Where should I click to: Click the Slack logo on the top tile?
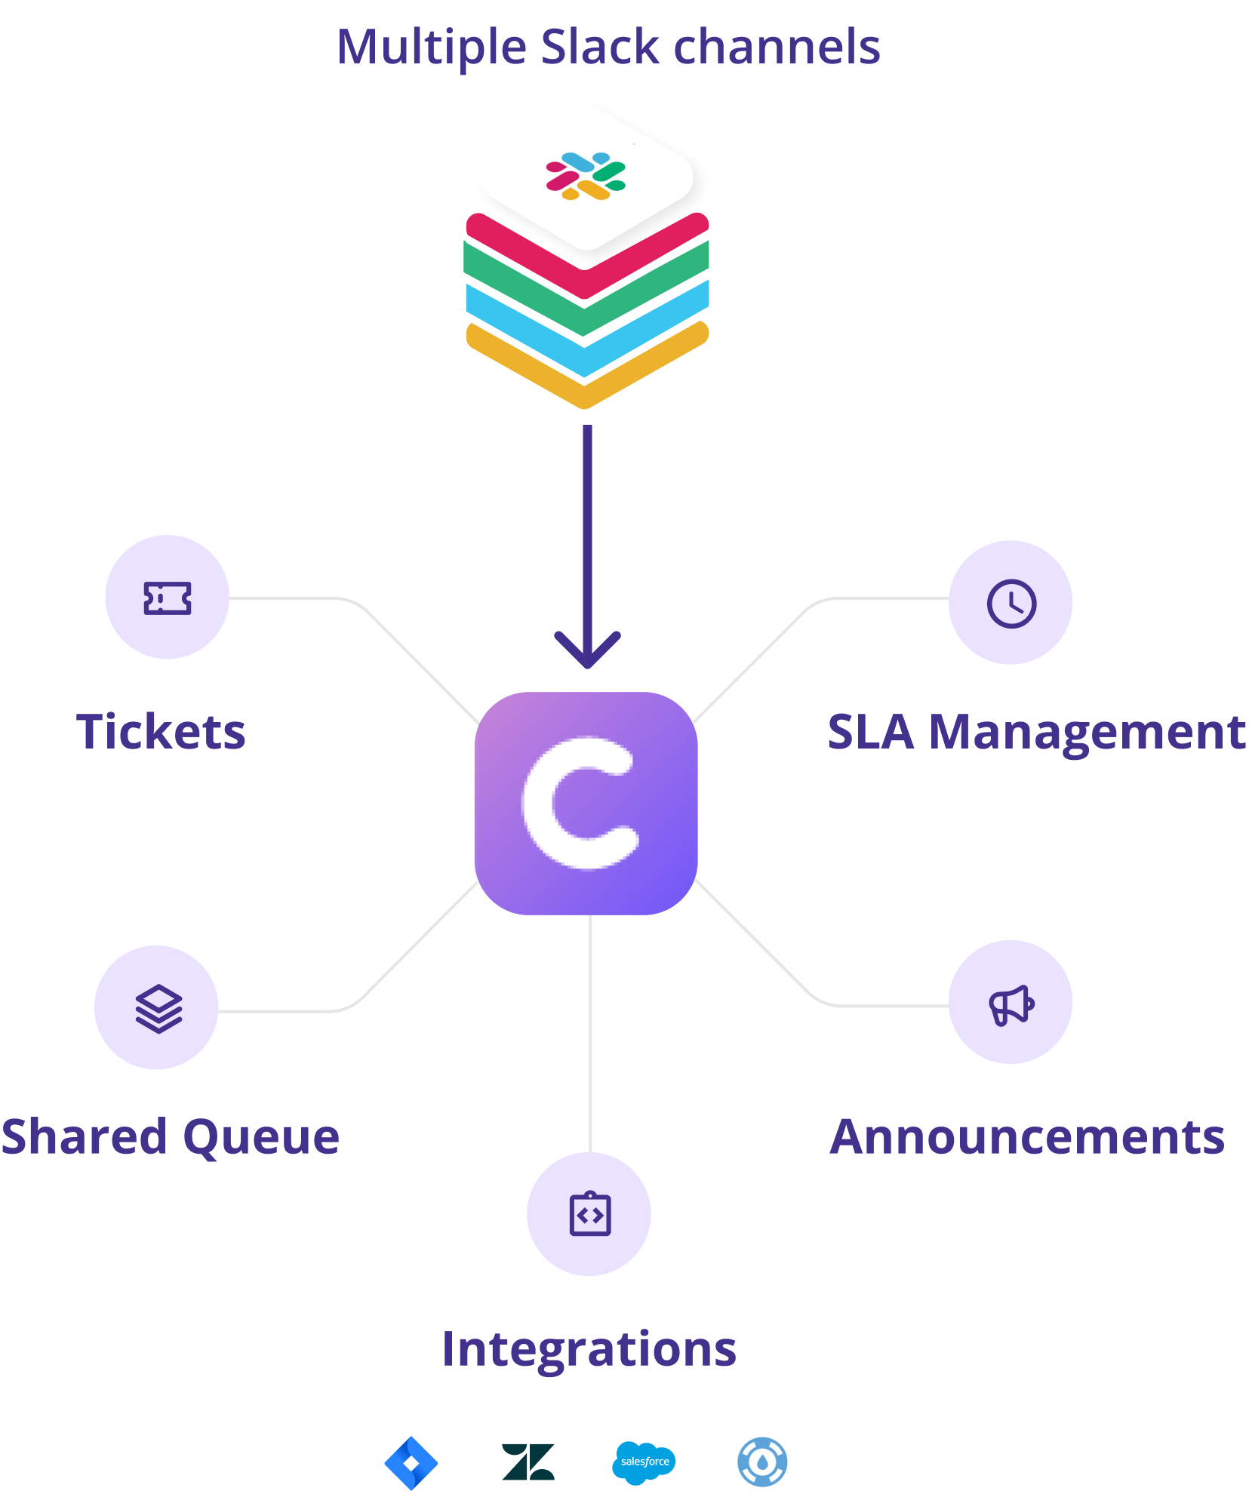[586, 176]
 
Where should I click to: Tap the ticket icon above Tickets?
[167, 598]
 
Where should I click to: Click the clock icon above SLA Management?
[1011, 604]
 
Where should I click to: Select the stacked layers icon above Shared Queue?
[158, 1008]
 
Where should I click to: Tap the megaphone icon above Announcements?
[1011, 1004]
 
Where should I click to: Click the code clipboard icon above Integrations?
[589, 1214]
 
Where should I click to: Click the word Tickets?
[161, 732]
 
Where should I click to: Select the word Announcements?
[1027, 1137]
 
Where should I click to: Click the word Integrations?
[589, 1349]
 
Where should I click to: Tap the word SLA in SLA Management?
[871, 732]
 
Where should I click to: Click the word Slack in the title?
[600, 47]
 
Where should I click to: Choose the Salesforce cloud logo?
[644, 1462]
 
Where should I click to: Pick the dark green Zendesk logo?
[528, 1462]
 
